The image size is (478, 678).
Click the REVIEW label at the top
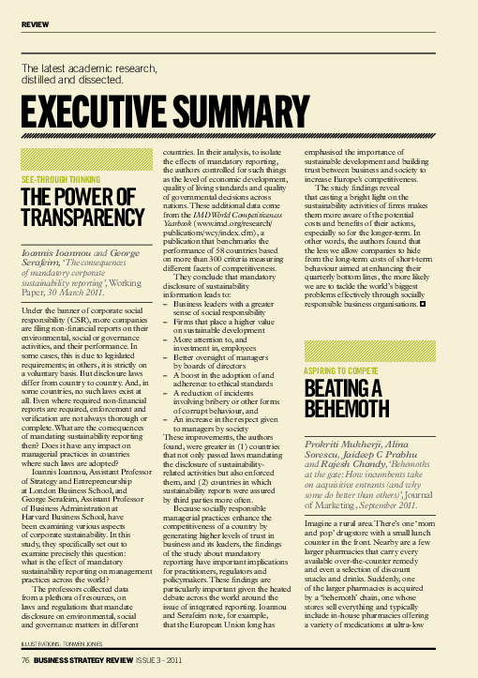click(35, 22)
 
